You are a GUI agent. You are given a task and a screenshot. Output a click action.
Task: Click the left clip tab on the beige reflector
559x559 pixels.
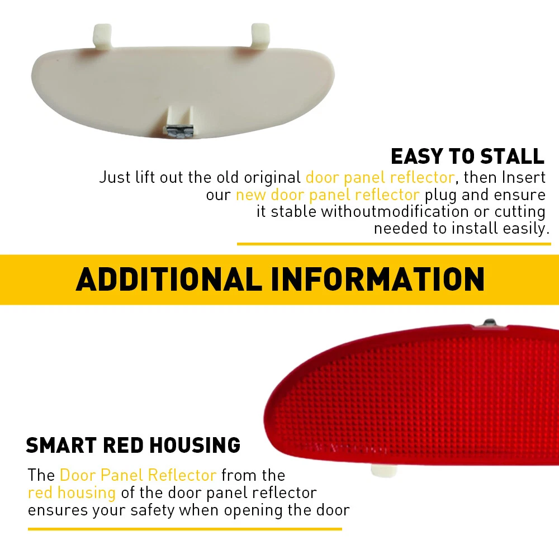[102, 35]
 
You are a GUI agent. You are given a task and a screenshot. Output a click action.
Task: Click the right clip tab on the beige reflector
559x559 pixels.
[260, 35]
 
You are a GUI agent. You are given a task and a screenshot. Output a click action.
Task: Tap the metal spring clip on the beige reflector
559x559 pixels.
[180, 131]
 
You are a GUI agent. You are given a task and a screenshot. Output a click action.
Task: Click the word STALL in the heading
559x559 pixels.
[512, 156]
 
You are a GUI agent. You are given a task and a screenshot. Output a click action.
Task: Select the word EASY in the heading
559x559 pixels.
[417, 156]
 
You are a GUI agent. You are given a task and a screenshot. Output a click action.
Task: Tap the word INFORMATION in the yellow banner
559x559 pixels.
[377, 279]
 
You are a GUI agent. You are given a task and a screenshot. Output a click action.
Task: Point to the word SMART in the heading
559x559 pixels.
[61, 445]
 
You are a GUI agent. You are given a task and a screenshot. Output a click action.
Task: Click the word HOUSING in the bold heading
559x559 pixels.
[195, 445]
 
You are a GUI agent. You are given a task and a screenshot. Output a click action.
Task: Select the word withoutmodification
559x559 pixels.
[395, 211]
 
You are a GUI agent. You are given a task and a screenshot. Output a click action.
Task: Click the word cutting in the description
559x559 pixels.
[520, 212]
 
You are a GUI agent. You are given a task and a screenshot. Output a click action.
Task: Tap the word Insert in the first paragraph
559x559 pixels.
[524, 177]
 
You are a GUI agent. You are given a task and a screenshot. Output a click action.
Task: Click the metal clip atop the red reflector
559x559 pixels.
[490, 323]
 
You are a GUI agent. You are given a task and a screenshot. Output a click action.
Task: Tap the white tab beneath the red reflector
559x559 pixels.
[383, 471]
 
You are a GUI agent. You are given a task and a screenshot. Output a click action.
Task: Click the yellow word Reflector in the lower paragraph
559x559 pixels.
[182, 475]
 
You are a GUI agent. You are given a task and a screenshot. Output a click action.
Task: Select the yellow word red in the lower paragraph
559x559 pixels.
[40, 492]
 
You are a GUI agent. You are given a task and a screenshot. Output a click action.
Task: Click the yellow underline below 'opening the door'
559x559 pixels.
[184, 529]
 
